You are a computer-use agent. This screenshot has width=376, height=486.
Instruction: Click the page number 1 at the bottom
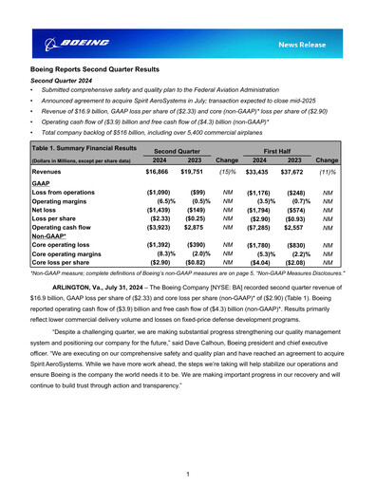coord(188,473)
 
